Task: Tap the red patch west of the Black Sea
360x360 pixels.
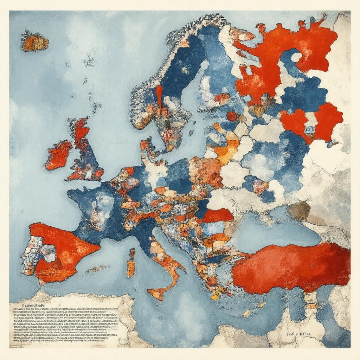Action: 218,215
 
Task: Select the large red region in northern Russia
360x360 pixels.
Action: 281,53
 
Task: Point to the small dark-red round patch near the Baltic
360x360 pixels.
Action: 232,116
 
